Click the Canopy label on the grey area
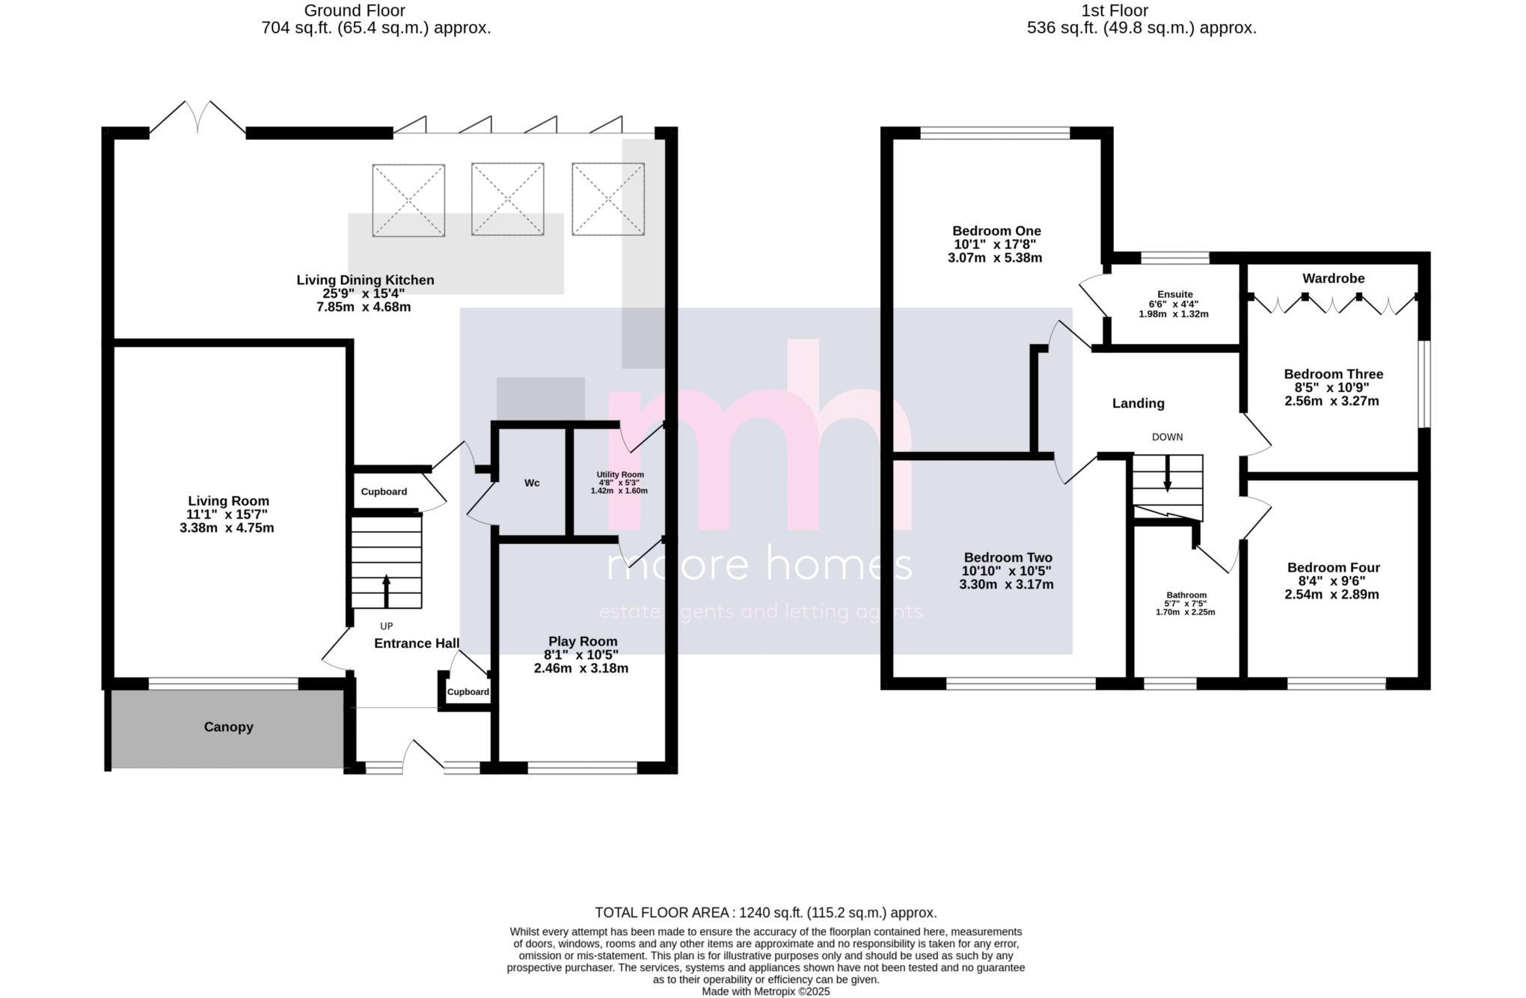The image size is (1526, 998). pos(228,727)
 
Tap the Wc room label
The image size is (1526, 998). pos(532,483)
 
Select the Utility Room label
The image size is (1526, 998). pos(619,475)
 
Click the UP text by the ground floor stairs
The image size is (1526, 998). pos(386,626)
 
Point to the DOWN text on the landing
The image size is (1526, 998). pos(1167,438)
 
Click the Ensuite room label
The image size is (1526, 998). pos(1174,295)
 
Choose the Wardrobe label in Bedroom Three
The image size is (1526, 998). pos(1333,278)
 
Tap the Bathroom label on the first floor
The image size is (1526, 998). pos(1186,596)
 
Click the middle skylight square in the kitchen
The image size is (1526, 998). pos(507,200)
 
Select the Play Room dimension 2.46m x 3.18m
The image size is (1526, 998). pos(580,669)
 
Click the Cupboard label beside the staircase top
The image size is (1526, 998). pos(384,492)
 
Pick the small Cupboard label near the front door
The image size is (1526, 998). pos(468,692)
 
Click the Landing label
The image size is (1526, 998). pos(1138,404)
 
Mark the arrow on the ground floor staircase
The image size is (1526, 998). pos(386,590)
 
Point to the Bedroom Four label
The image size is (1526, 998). pos(1333,568)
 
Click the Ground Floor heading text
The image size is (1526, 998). pos(355,10)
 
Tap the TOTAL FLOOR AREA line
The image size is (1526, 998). pos(765,913)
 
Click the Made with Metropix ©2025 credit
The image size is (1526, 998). pos(765,991)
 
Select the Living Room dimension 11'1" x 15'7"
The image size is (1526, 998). pos(227,515)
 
